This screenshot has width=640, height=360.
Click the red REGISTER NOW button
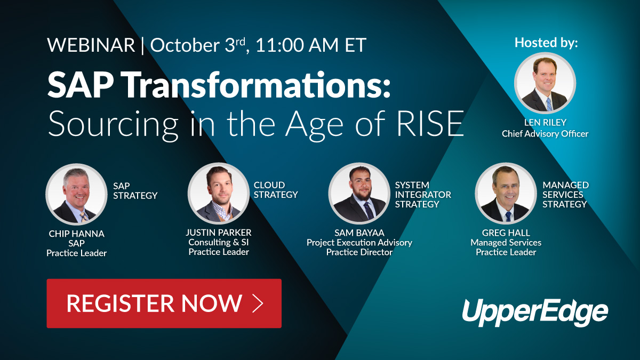(164, 303)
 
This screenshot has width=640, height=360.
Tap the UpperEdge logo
(534, 311)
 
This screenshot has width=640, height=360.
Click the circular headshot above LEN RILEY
(545, 84)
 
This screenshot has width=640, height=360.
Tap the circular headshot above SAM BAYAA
(359, 193)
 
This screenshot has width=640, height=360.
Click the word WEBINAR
(91, 45)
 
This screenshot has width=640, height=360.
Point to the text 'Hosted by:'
(546, 43)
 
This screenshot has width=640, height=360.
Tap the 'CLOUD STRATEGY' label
(275, 190)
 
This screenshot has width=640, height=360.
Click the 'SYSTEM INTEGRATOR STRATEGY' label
(423, 195)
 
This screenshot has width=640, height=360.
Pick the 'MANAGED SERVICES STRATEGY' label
(565, 195)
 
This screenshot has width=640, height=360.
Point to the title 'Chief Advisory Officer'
(545, 134)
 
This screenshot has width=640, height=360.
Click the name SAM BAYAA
(359, 233)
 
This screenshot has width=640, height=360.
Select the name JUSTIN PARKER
(219, 233)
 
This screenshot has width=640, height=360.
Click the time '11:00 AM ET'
(311, 45)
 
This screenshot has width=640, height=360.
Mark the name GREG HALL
(506, 233)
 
